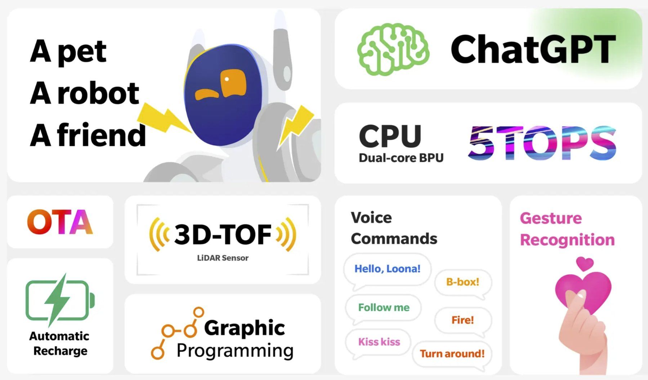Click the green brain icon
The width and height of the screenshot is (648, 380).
[393, 49]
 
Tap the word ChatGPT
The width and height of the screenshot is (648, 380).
[533, 49]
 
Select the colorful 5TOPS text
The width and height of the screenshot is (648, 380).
[542, 143]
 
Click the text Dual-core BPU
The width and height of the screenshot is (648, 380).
[401, 158]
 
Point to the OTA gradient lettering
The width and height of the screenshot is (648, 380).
[60, 222]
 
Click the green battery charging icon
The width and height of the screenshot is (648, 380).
[60, 300]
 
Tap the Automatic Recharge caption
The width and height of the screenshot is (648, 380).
[60, 343]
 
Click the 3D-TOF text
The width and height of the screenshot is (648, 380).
[223, 234]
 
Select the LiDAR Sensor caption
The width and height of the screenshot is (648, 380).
[223, 258]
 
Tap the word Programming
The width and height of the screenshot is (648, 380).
[235, 351]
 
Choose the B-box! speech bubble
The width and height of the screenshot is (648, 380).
[463, 284]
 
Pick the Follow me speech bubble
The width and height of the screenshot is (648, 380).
[384, 309]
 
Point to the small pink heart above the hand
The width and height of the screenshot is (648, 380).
[585, 264]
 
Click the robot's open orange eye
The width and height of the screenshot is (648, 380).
[234, 83]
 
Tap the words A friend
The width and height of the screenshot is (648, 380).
[88, 135]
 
